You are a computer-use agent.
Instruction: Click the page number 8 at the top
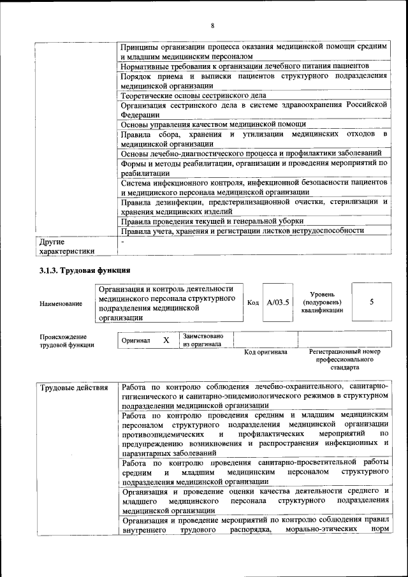coord(212,26)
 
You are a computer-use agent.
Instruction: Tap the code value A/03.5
coord(278,302)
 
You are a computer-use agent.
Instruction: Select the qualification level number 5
coord(372,302)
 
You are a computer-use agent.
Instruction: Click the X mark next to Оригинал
coord(166,340)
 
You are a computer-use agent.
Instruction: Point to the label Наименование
coord(61,303)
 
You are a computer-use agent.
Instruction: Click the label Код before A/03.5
coord(252,302)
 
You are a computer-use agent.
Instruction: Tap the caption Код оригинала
coord(266,352)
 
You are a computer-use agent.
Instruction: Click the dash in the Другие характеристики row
coord(124,242)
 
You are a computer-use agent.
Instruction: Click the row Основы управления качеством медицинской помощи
coord(214,124)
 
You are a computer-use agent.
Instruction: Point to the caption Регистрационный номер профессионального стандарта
coord(344,360)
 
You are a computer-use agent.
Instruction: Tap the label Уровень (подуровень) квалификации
coord(322,302)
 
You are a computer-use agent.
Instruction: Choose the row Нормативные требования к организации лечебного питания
coord(245,66)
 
